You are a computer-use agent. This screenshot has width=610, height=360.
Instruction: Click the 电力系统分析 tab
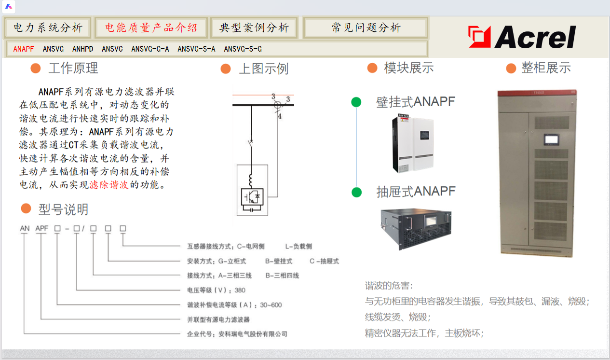click(48, 28)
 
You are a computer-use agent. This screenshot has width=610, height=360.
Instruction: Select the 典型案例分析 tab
click(254, 28)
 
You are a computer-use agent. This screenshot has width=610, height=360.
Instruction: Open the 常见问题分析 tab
click(366, 28)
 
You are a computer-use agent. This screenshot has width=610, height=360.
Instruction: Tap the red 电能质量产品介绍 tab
click(151, 28)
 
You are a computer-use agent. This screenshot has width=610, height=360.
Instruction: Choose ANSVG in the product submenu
click(53, 49)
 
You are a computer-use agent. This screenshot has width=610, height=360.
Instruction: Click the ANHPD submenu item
click(83, 49)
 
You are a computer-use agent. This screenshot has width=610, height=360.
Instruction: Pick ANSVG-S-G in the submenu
click(243, 49)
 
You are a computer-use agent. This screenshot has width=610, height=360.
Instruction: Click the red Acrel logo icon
click(479, 37)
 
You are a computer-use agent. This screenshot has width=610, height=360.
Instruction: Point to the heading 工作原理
click(73, 68)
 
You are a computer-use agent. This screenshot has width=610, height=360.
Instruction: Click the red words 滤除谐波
click(109, 185)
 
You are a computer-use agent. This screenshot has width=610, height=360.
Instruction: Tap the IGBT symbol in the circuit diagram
click(252, 197)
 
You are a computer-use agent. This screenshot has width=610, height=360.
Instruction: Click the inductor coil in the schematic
click(251, 180)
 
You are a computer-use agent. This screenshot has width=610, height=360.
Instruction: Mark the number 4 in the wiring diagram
click(280, 116)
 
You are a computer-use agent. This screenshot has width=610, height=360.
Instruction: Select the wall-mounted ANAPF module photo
click(413, 143)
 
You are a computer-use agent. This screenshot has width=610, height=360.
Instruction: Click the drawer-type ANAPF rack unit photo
click(416, 229)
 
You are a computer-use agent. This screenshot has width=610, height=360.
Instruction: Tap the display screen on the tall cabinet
click(552, 139)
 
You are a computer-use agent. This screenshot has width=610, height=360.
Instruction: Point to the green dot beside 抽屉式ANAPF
click(356, 192)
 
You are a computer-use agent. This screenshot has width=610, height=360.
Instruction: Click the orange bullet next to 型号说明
click(26, 209)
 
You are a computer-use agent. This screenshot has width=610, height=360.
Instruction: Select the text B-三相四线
click(282, 276)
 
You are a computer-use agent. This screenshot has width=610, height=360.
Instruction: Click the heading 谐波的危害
click(389, 286)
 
